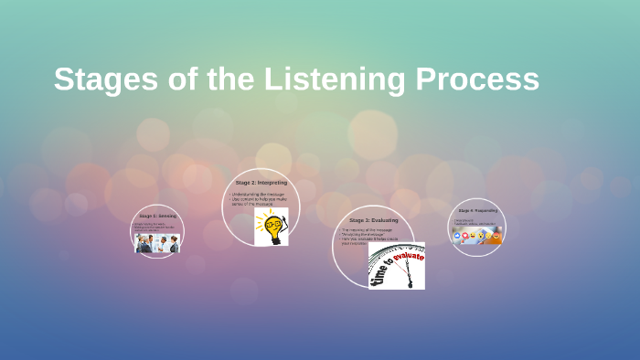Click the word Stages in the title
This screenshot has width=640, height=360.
(100, 79)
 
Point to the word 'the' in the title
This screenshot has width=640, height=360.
(228, 79)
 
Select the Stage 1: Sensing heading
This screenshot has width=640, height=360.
(157, 216)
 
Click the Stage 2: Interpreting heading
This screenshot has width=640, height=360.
(261, 183)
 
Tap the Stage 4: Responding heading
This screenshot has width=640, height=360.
(477, 210)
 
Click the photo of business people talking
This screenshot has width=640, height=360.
(157, 242)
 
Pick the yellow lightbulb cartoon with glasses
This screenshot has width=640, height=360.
(271, 227)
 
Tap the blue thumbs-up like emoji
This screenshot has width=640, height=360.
(457, 236)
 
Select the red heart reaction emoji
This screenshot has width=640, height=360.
(465, 236)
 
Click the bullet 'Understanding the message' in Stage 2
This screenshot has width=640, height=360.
(258, 194)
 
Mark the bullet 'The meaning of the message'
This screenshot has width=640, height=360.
(366, 229)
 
